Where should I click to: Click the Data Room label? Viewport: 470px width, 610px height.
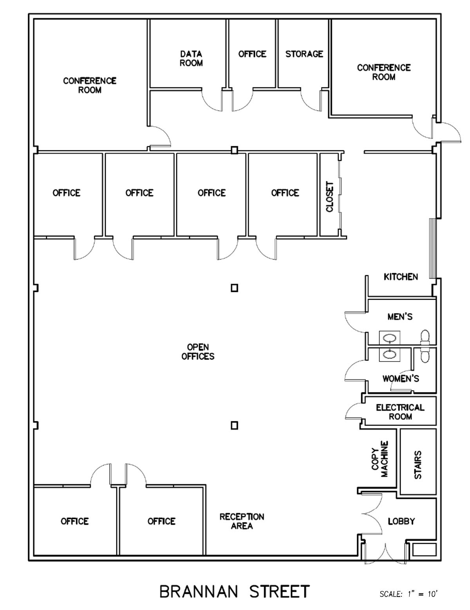(x=191, y=58)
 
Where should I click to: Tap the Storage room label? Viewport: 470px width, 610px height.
(x=304, y=54)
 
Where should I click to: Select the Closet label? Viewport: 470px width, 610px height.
(x=329, y=196)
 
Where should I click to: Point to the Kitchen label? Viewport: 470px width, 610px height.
(x=401, y=277)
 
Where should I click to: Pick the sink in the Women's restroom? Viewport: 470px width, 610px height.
(x=389, y=354)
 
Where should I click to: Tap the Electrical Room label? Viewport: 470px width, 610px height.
(x=400, y=412)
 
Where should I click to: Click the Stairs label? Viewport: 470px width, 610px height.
(x=418, y=465)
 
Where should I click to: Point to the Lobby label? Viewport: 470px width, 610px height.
(x=401, y=521)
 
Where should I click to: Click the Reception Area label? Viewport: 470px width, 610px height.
(x=242, y=521)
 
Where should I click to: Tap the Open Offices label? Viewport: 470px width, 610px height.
(x=198, y=352)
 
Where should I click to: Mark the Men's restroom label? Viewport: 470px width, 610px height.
(x=400, y=317)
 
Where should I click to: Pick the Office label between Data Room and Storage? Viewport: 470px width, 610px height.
(x=252, y=54)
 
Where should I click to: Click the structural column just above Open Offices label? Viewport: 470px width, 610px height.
(x=234, y=288)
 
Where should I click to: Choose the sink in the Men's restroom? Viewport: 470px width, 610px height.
(x=389, y=338)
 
